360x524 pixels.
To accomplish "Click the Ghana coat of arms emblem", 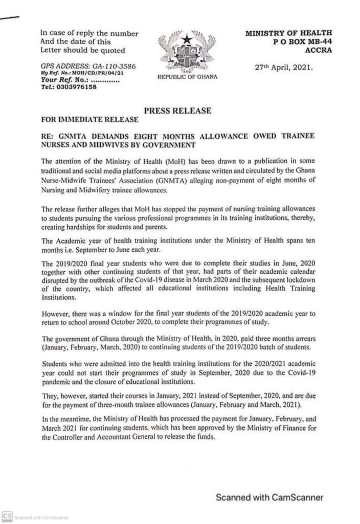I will coord(187,51).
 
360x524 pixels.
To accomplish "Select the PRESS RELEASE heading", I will coord(177,111).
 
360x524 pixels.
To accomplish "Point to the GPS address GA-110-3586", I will coord(112,67).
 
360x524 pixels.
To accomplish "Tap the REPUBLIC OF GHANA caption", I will coord(187,77).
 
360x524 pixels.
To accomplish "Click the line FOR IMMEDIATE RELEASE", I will coord(89,120).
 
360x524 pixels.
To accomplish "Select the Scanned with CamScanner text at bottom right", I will coord(269,497).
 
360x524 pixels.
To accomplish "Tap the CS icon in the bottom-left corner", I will coord(7,516).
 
